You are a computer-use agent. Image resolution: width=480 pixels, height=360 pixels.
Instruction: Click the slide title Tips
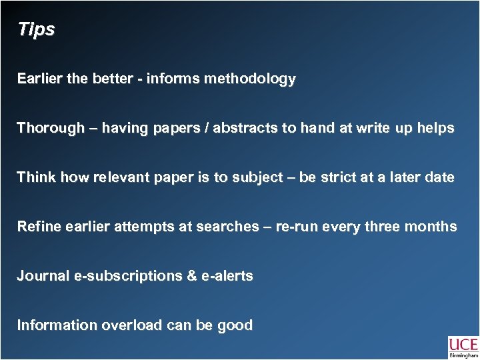click(36, 30)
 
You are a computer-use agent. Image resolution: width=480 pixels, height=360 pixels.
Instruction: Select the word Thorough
click(51, 128)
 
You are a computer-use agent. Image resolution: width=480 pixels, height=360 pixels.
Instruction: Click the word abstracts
click(247, 128)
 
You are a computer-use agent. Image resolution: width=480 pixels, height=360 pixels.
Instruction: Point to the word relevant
click(119, 178)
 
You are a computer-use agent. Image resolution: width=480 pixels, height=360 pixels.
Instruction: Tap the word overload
click(131, 325)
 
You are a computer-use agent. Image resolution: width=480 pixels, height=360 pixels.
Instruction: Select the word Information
click(57, 325)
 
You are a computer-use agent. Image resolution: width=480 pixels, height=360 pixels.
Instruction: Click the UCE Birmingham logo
click(463, 347)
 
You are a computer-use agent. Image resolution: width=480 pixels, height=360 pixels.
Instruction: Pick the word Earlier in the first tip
click(40, 79)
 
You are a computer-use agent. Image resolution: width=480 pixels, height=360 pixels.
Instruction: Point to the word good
click(236, 325)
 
